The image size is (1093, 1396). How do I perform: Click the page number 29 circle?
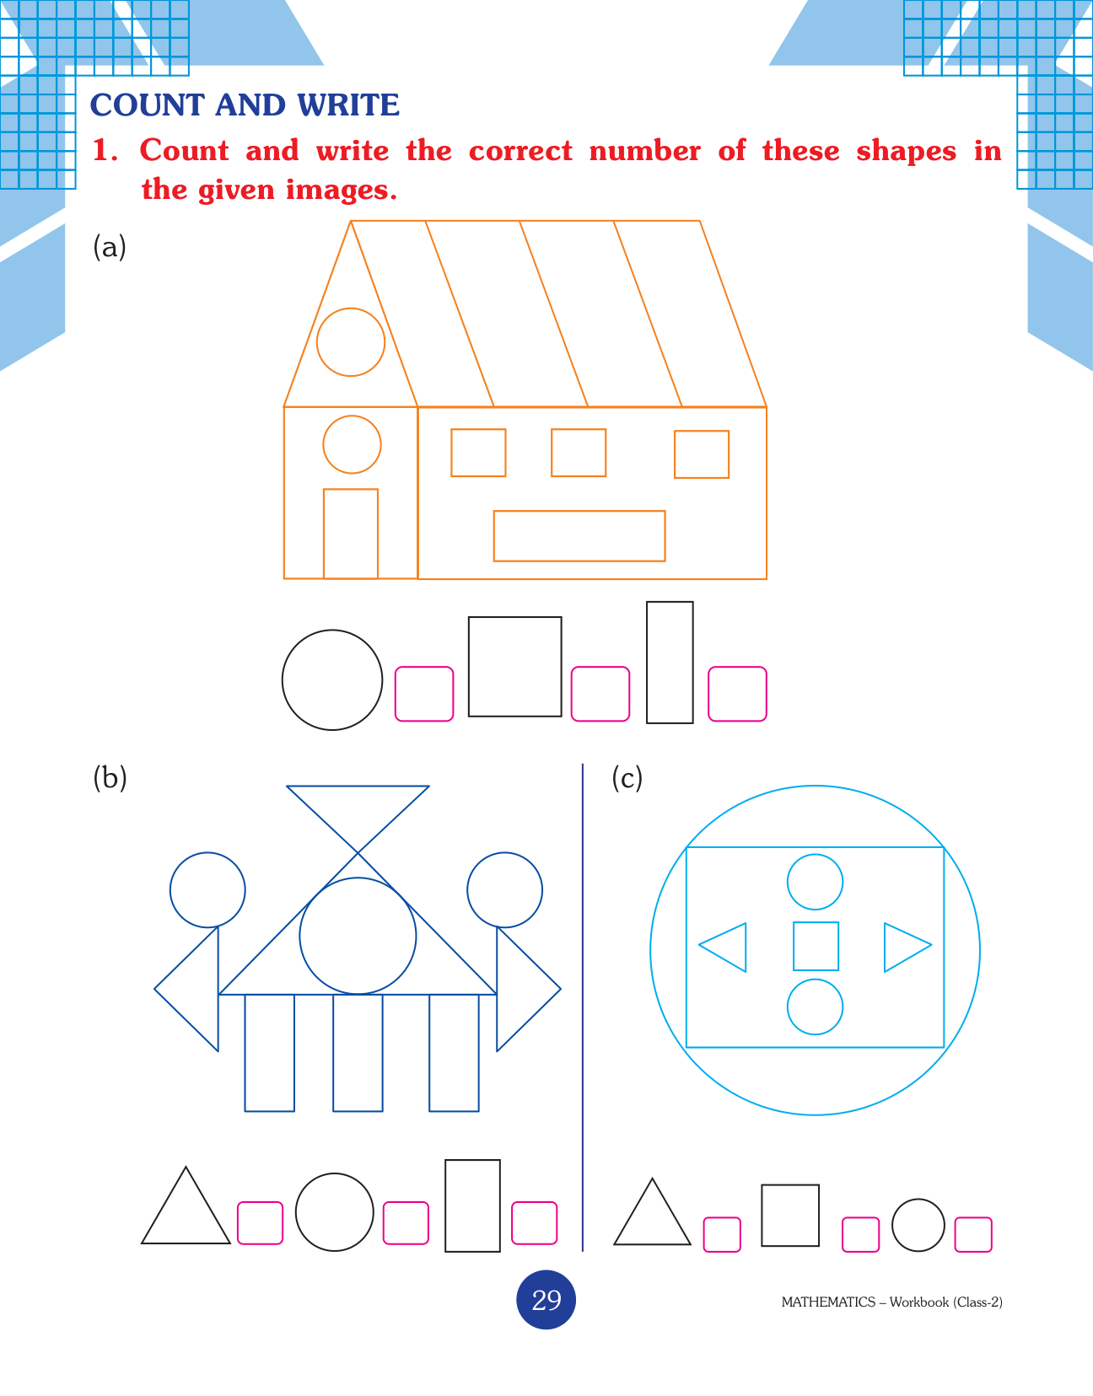pyautogui.click(x=546, y=1300)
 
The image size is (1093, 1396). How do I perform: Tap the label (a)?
pyautogui.click(x=110, y=247)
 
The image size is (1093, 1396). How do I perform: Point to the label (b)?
pyautogui.click(x=110, y=778)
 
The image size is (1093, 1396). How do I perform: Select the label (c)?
pyautogui.click(x=627, y=778)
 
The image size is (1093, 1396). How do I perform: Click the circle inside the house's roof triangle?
pyautogui.click(x=351, y=309)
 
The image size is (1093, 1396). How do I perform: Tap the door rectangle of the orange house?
pyautogui.click(x=324, y=534)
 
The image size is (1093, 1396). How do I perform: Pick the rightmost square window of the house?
pyautogui.click(x=675, y=454)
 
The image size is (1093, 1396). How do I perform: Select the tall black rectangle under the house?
pyautogui.click(x=647, y=663)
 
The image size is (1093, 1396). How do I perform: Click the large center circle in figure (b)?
pyautogui.click(x=358, y=878)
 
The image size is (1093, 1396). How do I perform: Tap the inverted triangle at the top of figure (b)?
pyautogui.click(x=358, y=786)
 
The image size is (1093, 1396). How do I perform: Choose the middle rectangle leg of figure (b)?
pyautogui.click(x=333, y=1052)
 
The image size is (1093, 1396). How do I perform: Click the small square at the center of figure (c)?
pyautogui.click(x=794, y=946)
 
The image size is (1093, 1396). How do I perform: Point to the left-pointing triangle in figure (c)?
pyautogui.click(x=746, y=948)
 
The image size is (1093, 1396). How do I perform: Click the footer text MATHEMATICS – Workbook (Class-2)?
pyautogui.click(x=891, y=1302)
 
